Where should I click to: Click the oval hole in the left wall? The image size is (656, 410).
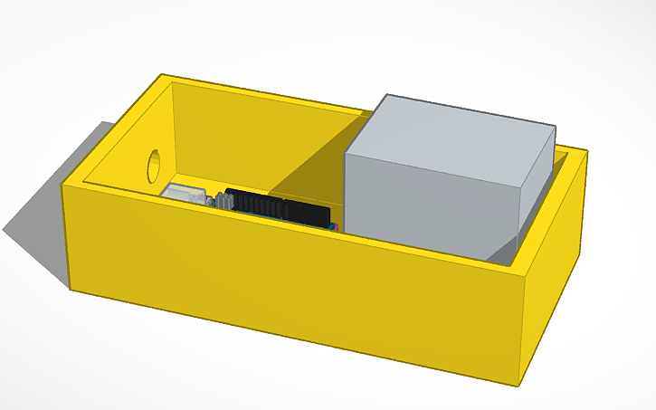click(x=154, y=164)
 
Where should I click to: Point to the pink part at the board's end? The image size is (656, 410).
click(x=337, y=227)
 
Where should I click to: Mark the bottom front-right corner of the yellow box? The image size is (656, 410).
click(x=522, y=379)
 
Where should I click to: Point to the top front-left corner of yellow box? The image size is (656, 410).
click(x=62, y=186)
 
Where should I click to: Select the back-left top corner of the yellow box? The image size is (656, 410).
click(x=162, y=75)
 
